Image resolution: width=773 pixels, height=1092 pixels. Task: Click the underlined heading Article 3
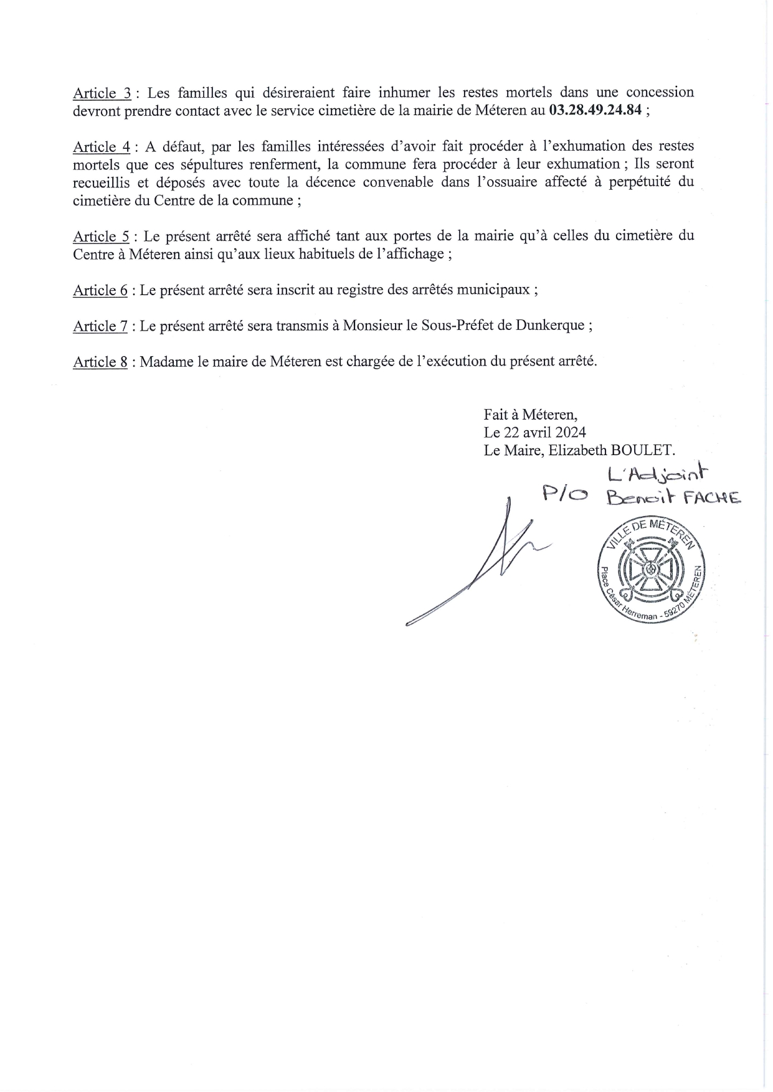102,93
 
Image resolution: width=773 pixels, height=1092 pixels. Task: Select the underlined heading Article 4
102,148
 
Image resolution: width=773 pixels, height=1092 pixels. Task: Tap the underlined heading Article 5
102,237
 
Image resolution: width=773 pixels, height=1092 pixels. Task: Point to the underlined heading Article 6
100,291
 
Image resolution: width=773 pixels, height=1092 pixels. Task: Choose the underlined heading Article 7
100,326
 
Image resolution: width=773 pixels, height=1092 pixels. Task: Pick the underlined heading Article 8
100,362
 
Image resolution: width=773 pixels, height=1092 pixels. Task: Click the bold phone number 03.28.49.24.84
596,111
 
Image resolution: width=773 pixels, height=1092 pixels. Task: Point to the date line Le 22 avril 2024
534,432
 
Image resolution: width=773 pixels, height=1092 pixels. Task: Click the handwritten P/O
565,495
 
